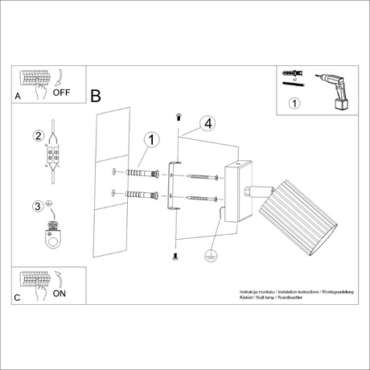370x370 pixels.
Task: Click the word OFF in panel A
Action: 61,92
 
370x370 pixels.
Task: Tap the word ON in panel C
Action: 59,294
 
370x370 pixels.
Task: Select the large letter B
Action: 96,97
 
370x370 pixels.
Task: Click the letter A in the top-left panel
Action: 18,96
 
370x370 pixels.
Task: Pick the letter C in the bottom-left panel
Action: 18,297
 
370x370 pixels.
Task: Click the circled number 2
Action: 37,136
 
